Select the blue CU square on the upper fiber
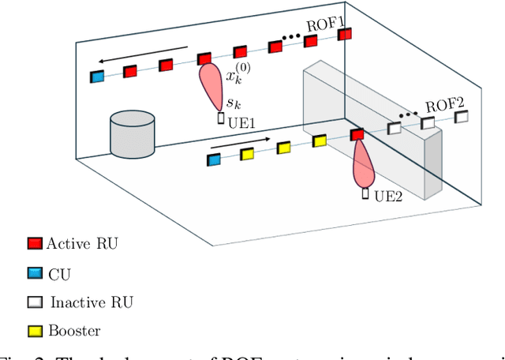(97, 77)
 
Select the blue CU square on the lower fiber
(213, 160)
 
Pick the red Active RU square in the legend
(33, 242)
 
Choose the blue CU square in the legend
(33, 272)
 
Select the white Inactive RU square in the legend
(33, 302)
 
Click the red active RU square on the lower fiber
(357, 135)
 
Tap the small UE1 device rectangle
(221, 118)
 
